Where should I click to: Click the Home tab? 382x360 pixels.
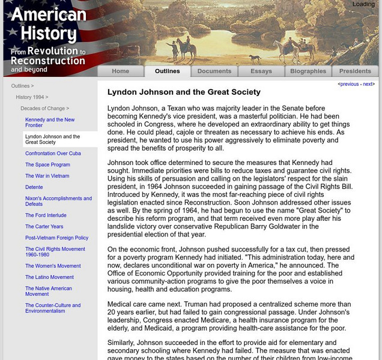coord(120,71)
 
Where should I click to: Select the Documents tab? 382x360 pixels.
coord(214,71)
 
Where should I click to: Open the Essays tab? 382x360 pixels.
coord(261,71)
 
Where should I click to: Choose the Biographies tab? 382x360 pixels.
coord(308,71)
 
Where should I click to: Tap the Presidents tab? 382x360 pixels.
coord(355,71)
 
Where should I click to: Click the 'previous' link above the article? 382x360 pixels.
coord(349,85)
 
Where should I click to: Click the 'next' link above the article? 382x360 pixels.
coord(368,85)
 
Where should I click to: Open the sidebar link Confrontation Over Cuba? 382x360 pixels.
coord(53,154)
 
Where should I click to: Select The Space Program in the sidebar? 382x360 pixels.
coord(47,165)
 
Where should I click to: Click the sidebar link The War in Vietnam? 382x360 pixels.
coord(47,176)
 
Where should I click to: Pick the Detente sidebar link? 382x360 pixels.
coord(34,187)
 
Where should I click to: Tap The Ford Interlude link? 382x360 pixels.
coord(46,215)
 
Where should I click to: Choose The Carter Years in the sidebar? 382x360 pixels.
coord(44,227)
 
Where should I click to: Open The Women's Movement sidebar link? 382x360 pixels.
coord(53,266)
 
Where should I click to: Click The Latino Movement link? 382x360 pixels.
coord(49,277)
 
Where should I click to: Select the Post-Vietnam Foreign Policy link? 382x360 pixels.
coord(56,238)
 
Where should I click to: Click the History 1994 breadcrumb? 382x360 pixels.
coord(31,97)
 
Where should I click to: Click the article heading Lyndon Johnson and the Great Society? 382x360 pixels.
coord(184,92)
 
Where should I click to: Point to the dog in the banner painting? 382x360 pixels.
coord(255,59)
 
